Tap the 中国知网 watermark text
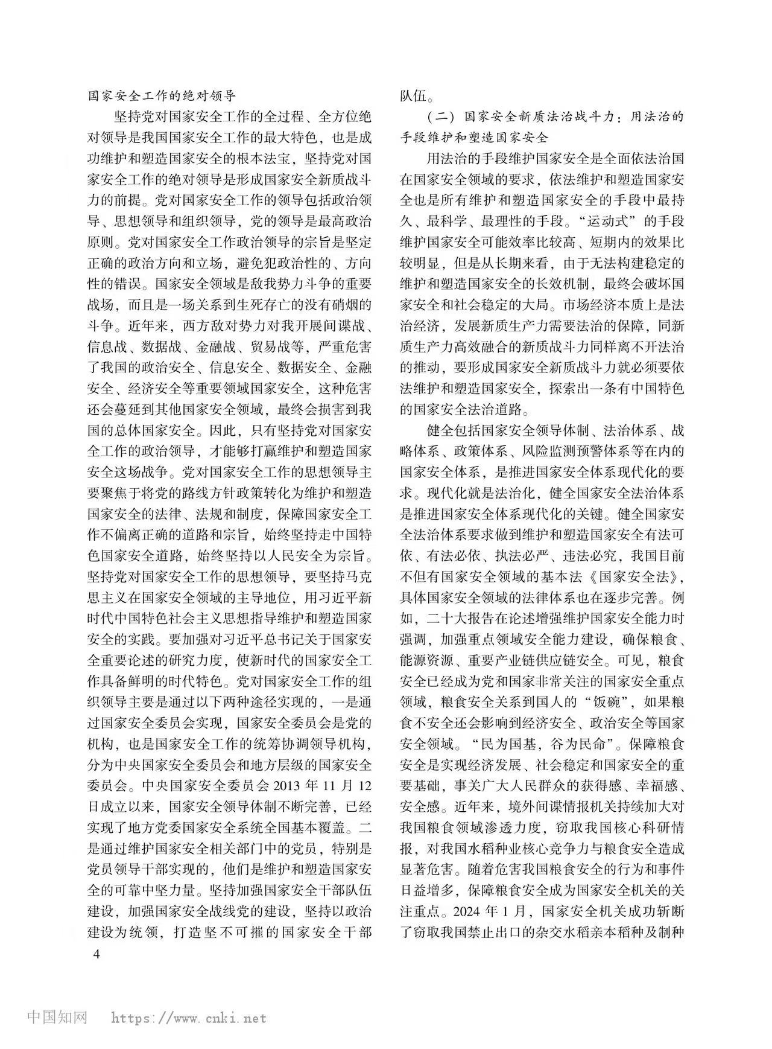57,1018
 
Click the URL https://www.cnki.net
189,1018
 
